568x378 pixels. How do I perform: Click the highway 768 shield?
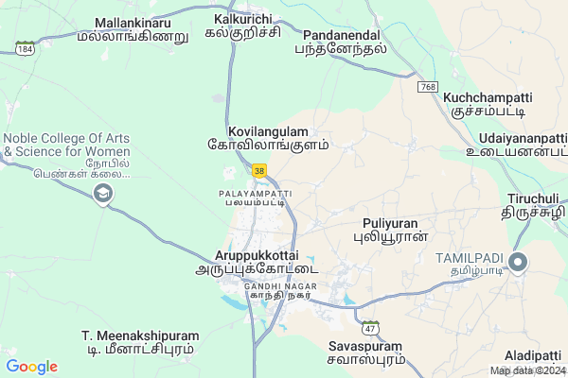coord(429,86)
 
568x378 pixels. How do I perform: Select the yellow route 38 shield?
coord(259,170)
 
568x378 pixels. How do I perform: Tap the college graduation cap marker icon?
coord(102,194)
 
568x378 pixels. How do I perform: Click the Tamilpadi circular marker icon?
coord(519,263)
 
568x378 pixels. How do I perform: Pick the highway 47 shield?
coord(370,327)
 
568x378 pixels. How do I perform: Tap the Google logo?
coord(31,367)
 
